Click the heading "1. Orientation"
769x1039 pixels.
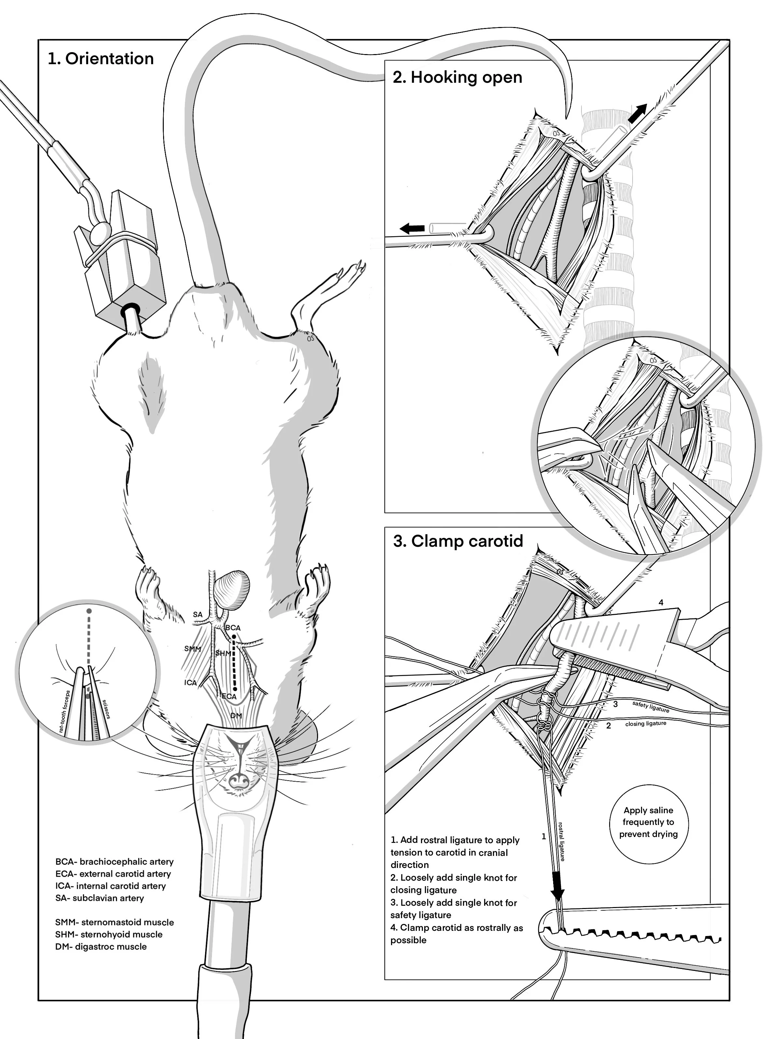coord(101,59)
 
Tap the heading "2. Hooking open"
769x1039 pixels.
coord(457,77)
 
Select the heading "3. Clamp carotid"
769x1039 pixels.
coord(458,541)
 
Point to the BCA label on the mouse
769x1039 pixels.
coord(233,628)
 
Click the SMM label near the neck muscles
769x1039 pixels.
coord(193,648)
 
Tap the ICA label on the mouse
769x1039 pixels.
coord(190,683)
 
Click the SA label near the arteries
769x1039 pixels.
coord(198,615)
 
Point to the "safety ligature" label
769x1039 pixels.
coord(651,707)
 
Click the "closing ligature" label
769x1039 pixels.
coord(646,724)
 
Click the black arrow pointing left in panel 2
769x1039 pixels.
coord(412,228)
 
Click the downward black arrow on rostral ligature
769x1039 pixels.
coord(558,888)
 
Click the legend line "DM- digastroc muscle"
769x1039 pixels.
coord(101,946)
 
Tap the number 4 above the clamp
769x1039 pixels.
coord(661,603)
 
